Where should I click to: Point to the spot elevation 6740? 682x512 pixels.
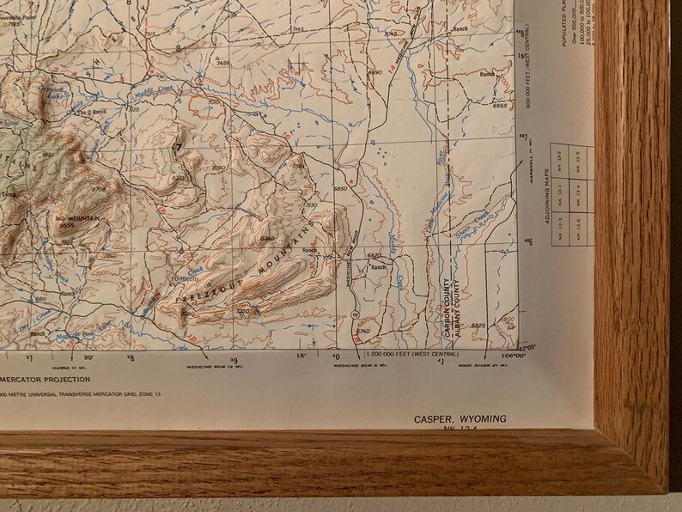pos(362,331)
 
